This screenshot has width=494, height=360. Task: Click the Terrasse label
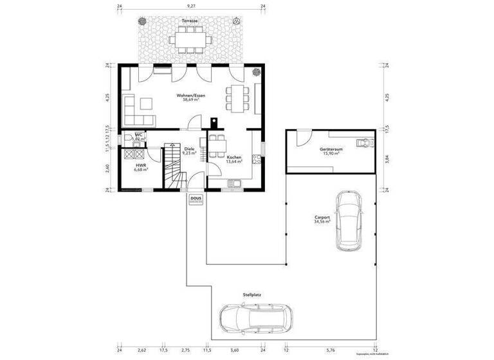tap(189, 21)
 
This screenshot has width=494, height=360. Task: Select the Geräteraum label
tap(331, 150)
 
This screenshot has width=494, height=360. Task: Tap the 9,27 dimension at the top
tap(190, 5)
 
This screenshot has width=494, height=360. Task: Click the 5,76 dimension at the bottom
tap(331, 351)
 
